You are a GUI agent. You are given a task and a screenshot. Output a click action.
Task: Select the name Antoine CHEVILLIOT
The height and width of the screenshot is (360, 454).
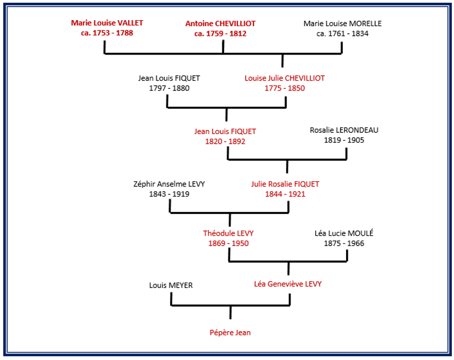220,23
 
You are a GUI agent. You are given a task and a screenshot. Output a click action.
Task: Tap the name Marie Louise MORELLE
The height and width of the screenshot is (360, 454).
342,23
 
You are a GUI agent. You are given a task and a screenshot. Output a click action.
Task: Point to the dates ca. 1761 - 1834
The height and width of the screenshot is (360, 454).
342,33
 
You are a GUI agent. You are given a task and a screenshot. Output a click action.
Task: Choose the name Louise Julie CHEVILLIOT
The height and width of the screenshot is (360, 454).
284,78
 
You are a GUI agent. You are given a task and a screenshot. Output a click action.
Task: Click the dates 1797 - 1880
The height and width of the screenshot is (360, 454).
169,88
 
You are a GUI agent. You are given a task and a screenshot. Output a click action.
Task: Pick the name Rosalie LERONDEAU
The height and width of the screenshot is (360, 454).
344,130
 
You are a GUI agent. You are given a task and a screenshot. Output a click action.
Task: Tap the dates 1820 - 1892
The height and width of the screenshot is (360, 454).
225,141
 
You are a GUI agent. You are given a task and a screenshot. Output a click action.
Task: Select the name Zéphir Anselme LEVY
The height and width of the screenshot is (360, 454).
169,184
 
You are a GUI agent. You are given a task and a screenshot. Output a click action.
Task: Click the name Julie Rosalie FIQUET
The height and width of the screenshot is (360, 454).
285,184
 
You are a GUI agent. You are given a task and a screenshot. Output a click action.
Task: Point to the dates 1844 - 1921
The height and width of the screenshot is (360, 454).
285,194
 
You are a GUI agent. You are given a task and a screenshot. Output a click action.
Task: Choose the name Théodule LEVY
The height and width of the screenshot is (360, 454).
228,233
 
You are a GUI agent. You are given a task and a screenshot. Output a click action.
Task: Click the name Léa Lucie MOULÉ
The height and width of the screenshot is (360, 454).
344,233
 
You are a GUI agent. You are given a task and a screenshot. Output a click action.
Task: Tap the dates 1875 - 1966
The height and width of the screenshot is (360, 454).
344,243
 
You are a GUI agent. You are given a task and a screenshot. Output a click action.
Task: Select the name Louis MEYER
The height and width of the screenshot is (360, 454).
171,285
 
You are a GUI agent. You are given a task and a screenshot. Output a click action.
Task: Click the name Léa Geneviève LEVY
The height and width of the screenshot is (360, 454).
288,284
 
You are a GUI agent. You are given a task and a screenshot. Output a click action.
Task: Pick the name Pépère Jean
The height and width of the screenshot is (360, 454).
230,332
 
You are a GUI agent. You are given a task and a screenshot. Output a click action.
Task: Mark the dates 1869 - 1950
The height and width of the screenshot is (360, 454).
228,243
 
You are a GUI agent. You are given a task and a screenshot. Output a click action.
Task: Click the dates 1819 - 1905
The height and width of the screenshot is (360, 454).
344,140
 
